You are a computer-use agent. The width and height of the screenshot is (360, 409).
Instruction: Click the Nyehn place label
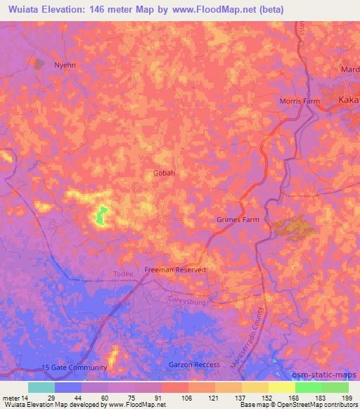tap(65, 65)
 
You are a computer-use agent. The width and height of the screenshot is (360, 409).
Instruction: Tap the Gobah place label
tap(164, 172)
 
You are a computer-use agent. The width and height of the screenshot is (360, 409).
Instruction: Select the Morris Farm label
tap(300, 101)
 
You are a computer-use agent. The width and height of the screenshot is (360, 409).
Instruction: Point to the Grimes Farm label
tap(237, 220)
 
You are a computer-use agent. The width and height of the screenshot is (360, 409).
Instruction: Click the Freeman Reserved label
tap(175, 270)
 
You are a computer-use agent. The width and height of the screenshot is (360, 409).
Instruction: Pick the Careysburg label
tap(186, 300)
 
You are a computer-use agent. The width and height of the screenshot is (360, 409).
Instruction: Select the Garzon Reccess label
tap(195, 365)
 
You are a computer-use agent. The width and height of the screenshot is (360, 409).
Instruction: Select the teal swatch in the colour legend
tap(41, 387)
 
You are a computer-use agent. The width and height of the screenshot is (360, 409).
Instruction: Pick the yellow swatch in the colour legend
tap(281, 387)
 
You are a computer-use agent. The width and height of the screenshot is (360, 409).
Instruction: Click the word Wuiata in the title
tap(28, 10)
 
